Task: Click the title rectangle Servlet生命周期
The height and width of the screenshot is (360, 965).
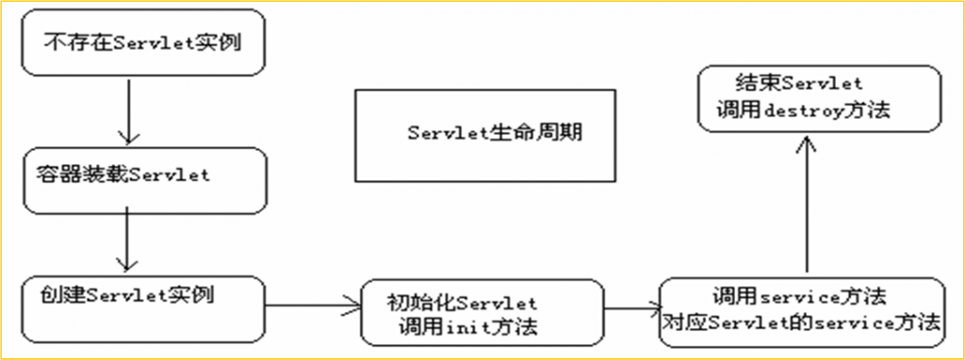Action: click(x=486, y=134)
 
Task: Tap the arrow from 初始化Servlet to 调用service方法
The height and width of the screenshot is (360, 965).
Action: click(x=631, y=307)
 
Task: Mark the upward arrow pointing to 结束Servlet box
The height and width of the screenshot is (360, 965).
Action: click(x=806, y=203)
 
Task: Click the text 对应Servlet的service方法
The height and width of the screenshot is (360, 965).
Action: click(x=800, y=322)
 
